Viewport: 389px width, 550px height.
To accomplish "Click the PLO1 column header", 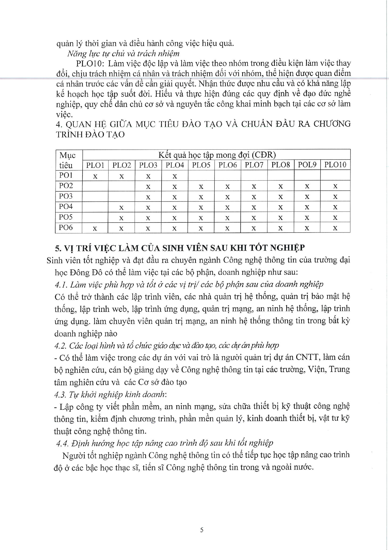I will tap(95, 165).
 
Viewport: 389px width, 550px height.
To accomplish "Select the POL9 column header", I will tap(307, 165).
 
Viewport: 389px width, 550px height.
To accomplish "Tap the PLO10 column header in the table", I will tap(335, 165).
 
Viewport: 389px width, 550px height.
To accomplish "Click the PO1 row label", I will tap(66, 175).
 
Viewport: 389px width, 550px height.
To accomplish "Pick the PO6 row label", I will tap(66, 227).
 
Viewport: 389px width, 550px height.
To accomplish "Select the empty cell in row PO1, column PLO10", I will tap(335, 175).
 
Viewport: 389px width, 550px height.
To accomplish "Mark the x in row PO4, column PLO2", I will tap(121, 207).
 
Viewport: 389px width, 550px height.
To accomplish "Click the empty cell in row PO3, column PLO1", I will tap(95, 196).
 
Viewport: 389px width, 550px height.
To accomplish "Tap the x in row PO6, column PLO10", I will tap(335, 228).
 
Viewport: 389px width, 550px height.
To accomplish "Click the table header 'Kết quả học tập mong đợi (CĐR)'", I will tap(217, 155).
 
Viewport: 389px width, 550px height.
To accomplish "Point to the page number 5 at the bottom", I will tap(202, 530).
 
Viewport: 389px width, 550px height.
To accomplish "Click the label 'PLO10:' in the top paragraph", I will tap(90, 63).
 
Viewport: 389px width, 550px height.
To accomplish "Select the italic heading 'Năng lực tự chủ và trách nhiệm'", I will tap(123, 53).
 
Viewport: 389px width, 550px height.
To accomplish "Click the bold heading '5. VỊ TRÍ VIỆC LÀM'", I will tap(179, 248).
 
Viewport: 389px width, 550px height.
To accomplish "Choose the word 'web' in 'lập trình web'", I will tap(119, 309).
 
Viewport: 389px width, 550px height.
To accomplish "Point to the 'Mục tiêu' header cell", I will tap(68, 160).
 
